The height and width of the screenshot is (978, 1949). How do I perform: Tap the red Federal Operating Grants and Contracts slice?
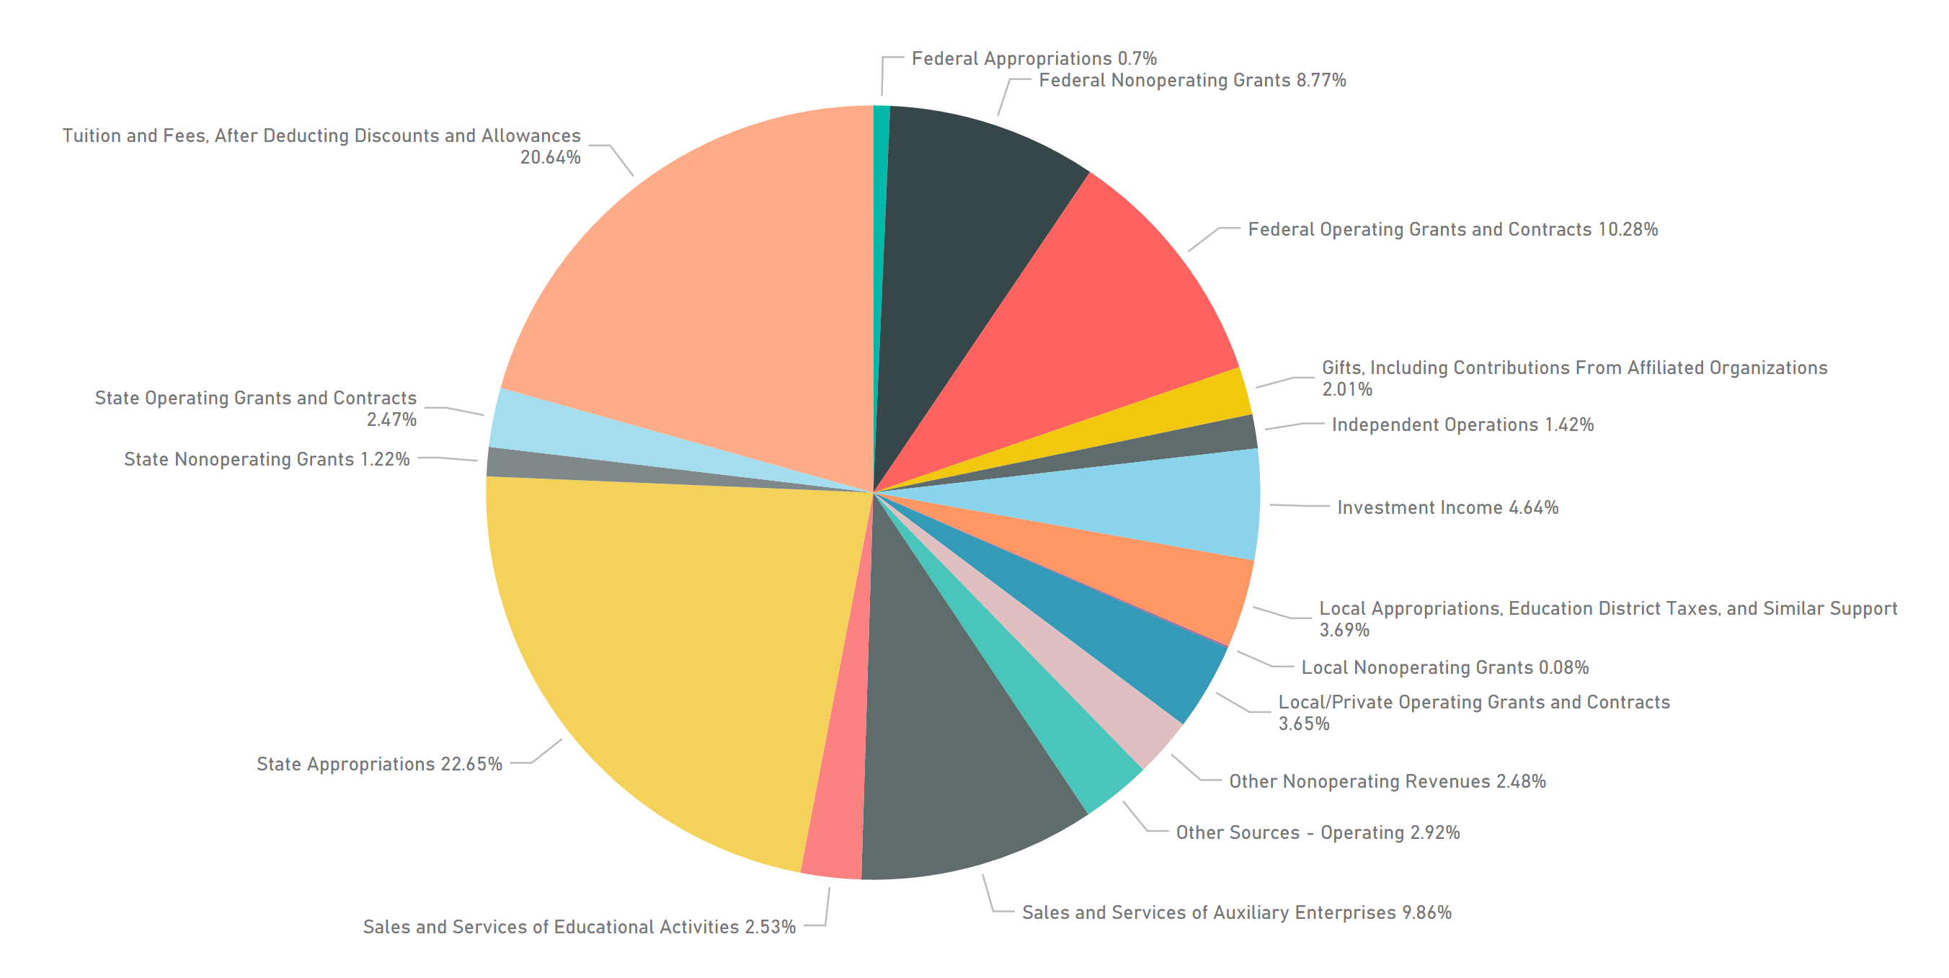[x=1097, y=318]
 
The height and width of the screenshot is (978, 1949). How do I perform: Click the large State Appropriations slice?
[x=666, y=643]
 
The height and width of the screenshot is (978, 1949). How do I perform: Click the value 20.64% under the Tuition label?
[x=550, y=157]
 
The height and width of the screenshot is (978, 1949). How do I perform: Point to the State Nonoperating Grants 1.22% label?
[x=266, y=459]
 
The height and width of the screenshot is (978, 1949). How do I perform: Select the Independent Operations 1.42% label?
[x=1462, y=424]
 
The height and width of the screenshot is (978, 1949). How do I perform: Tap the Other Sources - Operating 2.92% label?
[x=1318, y=832]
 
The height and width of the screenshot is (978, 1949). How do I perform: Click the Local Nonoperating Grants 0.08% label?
[x=1444, y=667]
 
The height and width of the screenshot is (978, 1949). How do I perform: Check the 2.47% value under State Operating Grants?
[x=391, y=419]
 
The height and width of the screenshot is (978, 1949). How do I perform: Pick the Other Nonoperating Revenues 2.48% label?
[x=1387, y=781]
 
